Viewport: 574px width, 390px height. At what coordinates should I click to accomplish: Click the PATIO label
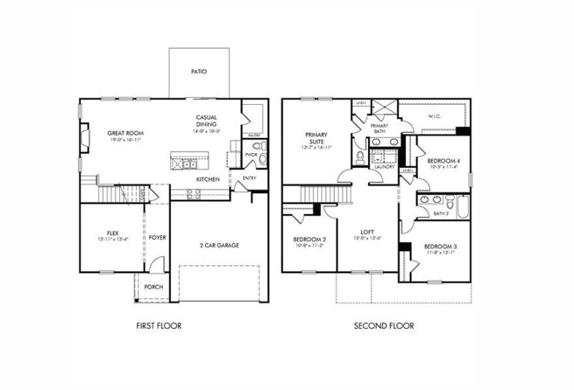click(199, 72)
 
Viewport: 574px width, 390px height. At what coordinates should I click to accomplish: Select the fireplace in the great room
click(85, 138)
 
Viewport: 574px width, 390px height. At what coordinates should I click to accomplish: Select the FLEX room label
click(113, 233)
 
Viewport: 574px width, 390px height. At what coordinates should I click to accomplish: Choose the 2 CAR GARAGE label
click(219, 245)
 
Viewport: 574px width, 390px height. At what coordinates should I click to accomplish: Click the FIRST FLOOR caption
click(159, 325)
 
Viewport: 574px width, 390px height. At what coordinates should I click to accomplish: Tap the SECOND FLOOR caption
click(384, 325)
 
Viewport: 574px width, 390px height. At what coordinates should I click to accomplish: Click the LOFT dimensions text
click(368, 239)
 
